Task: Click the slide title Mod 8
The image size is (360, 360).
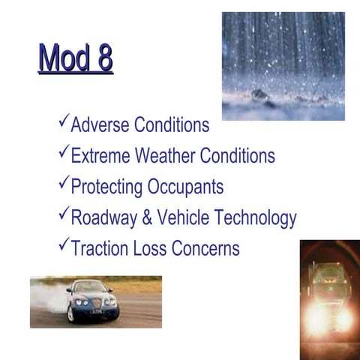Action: [x=75, y=58]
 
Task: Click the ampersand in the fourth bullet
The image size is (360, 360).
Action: [x=147, y=218]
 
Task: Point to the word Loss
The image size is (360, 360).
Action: [x=149, y=248]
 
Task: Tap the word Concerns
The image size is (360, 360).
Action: [x=205, y=248]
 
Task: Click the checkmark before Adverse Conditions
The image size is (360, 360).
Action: [x=63, y=121]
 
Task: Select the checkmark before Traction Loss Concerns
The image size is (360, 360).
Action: [x=63, y=244]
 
